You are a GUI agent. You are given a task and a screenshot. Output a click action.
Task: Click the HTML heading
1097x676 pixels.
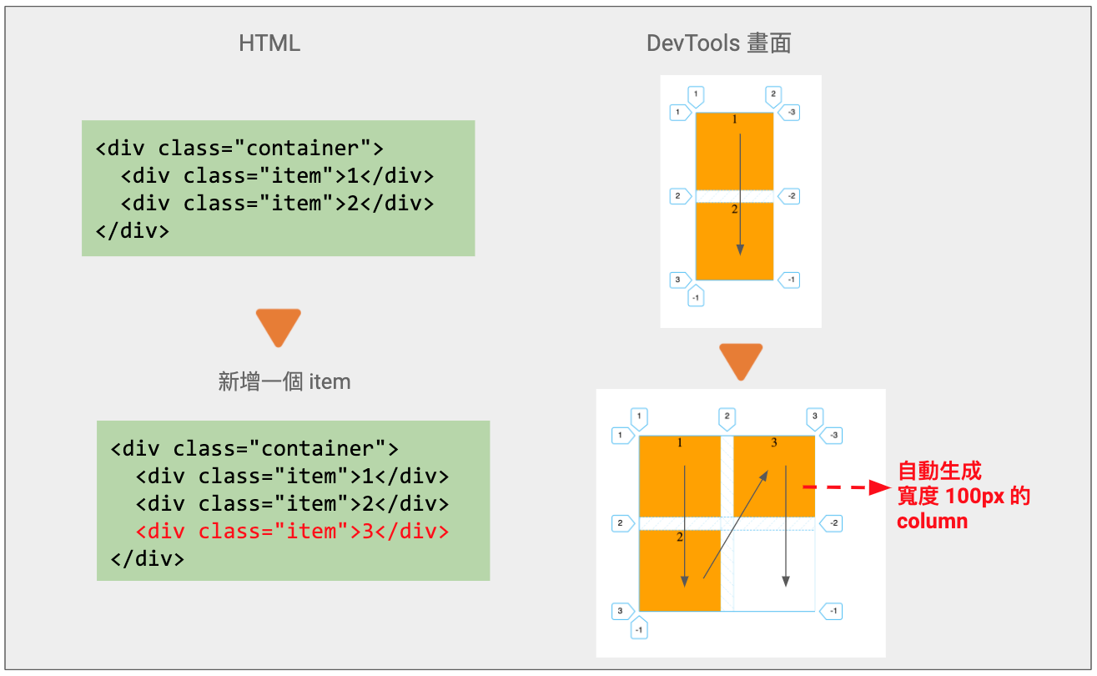pos(269,43)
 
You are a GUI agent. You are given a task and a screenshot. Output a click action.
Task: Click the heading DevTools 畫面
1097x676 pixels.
pos(718,43)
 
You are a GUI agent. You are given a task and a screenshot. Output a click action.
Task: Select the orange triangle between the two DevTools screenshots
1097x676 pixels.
pos(741,361)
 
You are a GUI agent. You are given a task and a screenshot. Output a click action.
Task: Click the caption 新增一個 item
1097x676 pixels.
pos(284,382)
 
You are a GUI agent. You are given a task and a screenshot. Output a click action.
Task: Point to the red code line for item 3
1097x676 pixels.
pos(292,532)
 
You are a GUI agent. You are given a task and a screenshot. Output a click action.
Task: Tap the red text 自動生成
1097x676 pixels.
pos(938,472)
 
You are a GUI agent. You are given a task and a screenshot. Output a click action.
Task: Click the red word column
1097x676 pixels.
pos(932,522)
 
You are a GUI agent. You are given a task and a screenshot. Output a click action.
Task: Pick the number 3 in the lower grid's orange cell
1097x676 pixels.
pos(774,442)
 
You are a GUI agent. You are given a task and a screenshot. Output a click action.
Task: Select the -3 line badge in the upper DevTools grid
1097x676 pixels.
pos(788,111)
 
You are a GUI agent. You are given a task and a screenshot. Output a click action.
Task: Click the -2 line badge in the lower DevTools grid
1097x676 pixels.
pos(831,523)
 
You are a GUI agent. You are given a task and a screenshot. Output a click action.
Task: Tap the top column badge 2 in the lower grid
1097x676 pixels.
pos(727,416)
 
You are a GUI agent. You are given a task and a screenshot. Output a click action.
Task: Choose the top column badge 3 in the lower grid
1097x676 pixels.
pos(815,416)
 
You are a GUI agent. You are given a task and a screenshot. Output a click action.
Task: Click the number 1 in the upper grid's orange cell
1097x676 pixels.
pos(735,120)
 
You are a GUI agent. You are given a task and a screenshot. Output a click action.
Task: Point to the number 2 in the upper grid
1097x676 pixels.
pos(735,209)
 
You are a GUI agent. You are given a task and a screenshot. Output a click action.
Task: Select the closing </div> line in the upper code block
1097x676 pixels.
pos(133,230)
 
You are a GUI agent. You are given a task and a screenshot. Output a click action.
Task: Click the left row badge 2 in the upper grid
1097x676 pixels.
pos(680,196)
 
